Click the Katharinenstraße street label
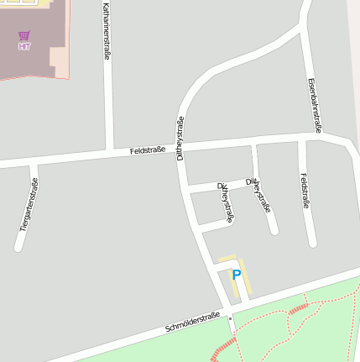pyautogui.click(x=107, y=30)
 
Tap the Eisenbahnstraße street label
pyautogui.click(x=314, y=106)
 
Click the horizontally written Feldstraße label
pyautogui.click(x=148, y=150)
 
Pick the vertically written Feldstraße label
pyautogui.click(x=304, y=191)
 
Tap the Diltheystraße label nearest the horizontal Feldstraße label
pyautogui.click(x=180, y=138)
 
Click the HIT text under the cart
pyautogui.click(x=23, y=47)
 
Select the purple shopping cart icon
pyautogui.click(x=23, y=36)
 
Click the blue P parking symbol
pyautogui.click(x=237, y=275)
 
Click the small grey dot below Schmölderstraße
pyautogui.click(x=231, y=318)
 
